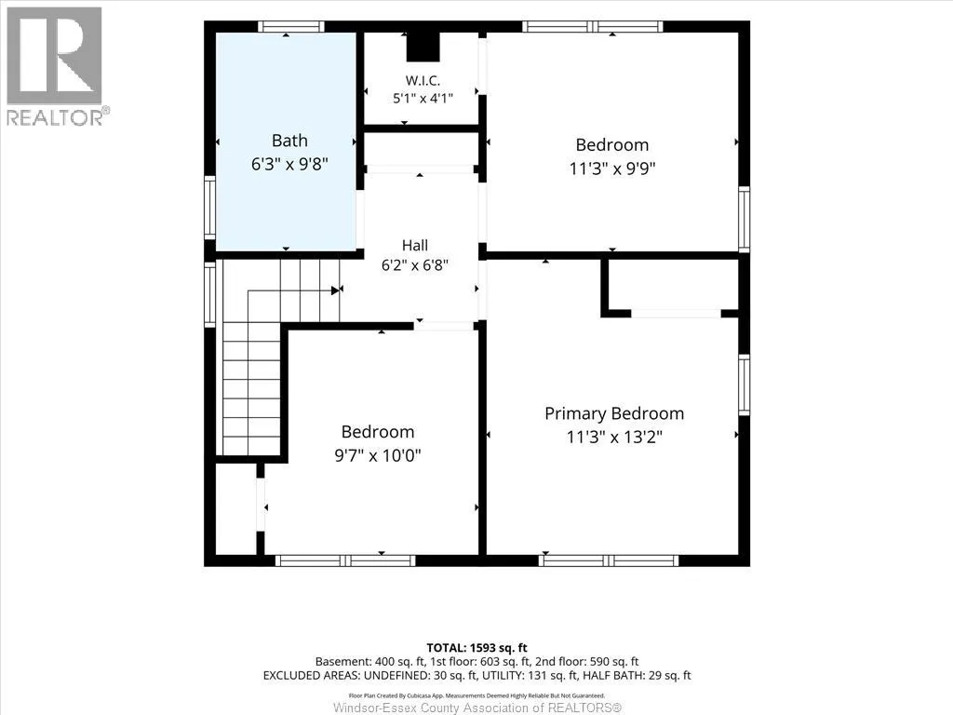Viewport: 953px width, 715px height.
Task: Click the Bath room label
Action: coord(289,141)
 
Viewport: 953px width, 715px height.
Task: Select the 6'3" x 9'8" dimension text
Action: coord(289,164)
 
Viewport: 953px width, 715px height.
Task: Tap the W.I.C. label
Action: coord(423,80)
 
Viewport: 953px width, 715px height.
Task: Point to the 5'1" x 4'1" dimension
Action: coord(423,98)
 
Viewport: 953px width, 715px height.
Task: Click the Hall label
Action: coord(414,245)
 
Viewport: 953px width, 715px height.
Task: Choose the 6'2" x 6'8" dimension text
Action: coord(414,265)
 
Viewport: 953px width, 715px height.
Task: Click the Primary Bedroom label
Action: coord(614,413)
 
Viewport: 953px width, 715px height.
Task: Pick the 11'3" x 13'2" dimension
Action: coord(614,437)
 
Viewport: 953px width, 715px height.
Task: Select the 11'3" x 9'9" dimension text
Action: coord(612,168)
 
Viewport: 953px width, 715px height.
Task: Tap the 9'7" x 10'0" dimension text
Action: coord(378,454)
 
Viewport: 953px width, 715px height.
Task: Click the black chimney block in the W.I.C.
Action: coord(423,47)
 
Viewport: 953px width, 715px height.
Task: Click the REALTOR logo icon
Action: coord(54,56)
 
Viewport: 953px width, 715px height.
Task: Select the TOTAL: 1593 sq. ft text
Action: coord(476,648)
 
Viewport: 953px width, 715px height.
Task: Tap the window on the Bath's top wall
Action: coord(290,27)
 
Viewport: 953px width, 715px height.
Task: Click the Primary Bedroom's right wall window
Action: coord(744,384)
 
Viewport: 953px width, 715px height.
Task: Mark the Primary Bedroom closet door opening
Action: coord(676,314)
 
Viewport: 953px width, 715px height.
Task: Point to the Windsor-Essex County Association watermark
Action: coord(477,708)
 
